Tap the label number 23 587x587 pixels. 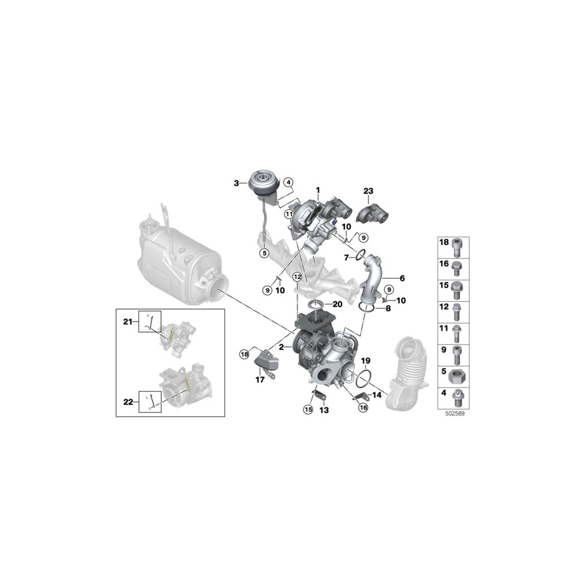click(x=368, y=190)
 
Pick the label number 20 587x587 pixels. click(x=337, y=304)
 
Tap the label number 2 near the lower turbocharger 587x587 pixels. click(x=281, y=348)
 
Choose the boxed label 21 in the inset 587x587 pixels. click(x=128, y=321)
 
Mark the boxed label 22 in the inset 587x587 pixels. click(x=128, y=402)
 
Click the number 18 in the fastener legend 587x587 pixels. click(x=444, y=242)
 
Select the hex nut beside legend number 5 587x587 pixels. click(x=457, y=378)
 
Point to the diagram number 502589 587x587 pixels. click(x=453, y=413)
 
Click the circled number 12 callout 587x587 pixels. click(x=297, y=277)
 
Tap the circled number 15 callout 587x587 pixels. click(x=308, y=409)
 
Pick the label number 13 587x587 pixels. click(x=324, y=410)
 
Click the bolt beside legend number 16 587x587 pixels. click(x=457, y=265)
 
